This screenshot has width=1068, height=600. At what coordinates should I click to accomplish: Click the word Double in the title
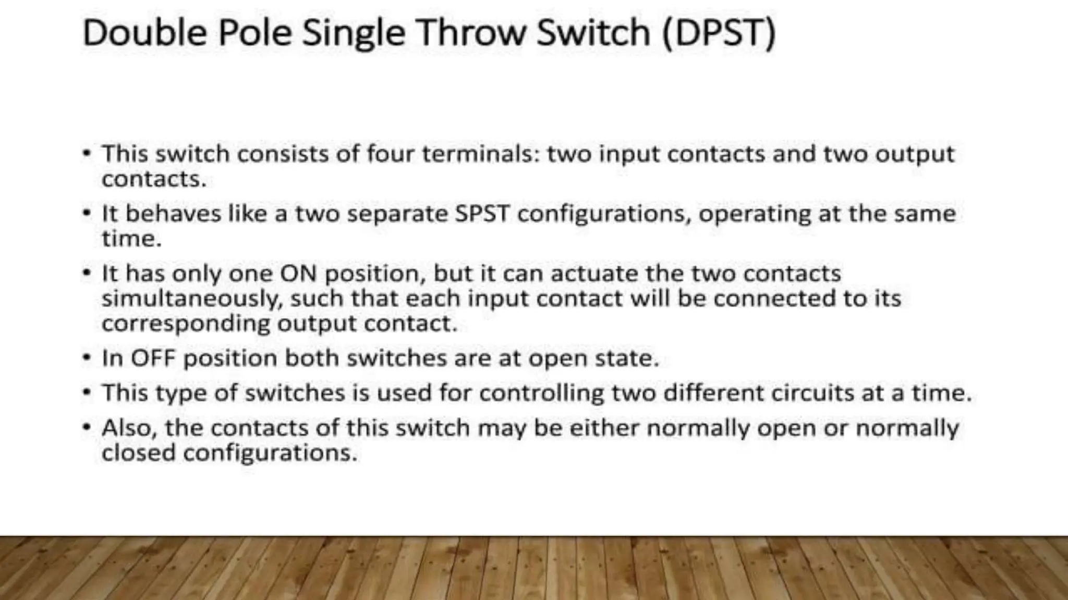(144, 32)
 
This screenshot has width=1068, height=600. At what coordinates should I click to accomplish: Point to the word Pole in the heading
(254, 32)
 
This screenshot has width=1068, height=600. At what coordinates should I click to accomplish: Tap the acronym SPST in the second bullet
(482, 214)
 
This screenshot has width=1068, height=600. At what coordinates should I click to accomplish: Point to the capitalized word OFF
(152, 358)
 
